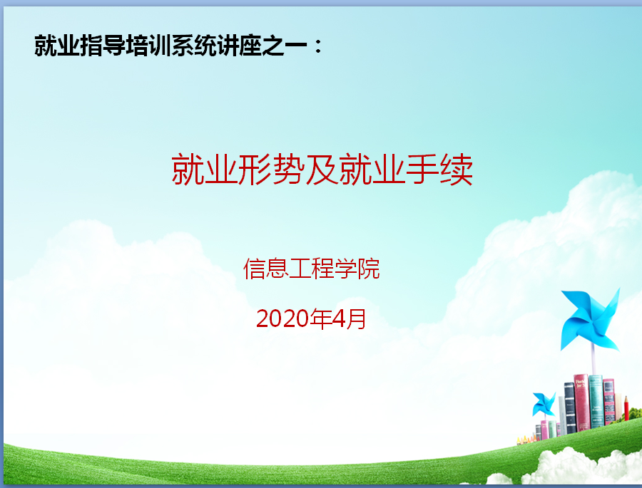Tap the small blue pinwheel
point(544,404)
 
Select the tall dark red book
point(581,403)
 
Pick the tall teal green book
point(596,401)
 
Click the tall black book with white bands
point(570,407)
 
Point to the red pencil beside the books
point(626,408)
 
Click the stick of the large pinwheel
point(593,359)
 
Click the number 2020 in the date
point(282,318)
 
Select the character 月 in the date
point(356,318)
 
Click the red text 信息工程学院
point(312,269)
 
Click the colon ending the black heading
point(318,46)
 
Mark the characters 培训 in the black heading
point(148,46)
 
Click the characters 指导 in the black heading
point(103,46)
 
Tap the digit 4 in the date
point(340,318)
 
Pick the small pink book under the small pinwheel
point(544,430)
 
